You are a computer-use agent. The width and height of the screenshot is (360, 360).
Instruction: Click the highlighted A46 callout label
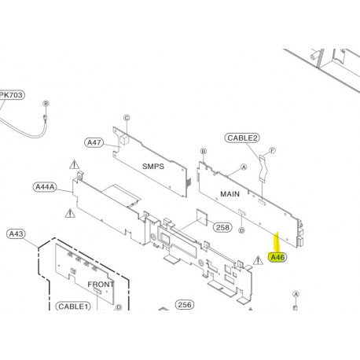pyautogui.click(x=277, y=256)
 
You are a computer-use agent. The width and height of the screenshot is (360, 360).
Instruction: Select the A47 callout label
pyautogui.click(x=95, y=142)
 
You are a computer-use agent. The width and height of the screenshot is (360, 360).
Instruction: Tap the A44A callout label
pyautogui.click(x=46, y=187)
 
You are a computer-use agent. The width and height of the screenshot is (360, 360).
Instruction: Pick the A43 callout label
pyautogui.click(x=16, y=233)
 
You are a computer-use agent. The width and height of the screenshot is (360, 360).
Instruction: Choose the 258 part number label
pyautogui.click(x=223, y=228)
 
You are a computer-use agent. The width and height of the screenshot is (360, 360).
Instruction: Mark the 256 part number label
pyautogui.click(x=185, y=304)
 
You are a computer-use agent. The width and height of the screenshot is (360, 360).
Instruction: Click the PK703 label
pyautogui.click(x=11, y=95)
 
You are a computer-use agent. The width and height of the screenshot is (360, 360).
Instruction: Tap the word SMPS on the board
pyautogui.click(x=152, y=167)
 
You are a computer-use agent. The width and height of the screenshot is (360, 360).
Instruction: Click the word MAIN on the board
pyautogui.click(x=230, y=193)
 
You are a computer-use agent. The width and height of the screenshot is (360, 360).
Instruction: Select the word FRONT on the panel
pyautogui.click(x=101, y=284)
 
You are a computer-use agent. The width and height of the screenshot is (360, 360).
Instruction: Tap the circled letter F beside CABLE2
pyautogui.click(x=273, y=149)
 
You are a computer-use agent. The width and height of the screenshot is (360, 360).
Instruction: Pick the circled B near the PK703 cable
pyautogui.click(x=46, y=104)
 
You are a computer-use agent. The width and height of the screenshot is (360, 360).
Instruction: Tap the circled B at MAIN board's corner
pyautogui.click(x=203, y=151)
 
